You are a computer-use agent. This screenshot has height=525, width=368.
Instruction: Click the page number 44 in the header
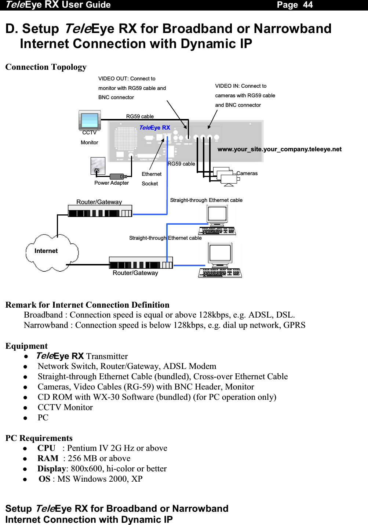[x=307, y=5]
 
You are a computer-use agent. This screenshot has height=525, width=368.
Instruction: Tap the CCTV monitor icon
[x=90, y=120]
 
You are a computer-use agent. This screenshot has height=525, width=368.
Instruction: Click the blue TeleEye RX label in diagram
[x=154, y=127]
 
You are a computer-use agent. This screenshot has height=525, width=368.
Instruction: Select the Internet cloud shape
[x=51, y=252]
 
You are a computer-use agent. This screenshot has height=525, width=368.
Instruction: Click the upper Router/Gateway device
[x=100, y=211]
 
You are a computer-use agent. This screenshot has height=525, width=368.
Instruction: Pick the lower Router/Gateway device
[x=141, y=263]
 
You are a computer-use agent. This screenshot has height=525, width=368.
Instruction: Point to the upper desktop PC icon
[x=217, y=220]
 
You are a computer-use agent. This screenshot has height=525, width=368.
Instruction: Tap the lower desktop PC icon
[x=220, y=260]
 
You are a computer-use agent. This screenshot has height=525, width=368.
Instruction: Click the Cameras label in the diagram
[x=247, y=173]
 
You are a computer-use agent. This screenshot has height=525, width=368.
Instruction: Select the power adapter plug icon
[x=118, y=177]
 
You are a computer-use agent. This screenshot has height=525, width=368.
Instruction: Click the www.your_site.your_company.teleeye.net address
[x=279, y=149]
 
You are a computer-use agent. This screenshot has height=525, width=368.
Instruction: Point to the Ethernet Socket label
[x=151, y=179]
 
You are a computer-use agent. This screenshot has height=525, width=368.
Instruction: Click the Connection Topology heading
[x=46, y=67]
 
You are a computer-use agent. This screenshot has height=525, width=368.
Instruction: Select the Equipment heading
[x=26, y=346]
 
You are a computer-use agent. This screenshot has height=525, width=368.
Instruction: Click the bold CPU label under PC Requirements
[x=46, y=448]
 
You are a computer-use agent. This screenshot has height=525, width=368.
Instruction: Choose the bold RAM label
[x=48, y=458]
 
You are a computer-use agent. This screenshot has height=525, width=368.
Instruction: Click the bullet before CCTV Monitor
[x=26, y=408]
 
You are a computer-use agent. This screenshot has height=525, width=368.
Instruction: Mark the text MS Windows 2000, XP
[x=100, y=479]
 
